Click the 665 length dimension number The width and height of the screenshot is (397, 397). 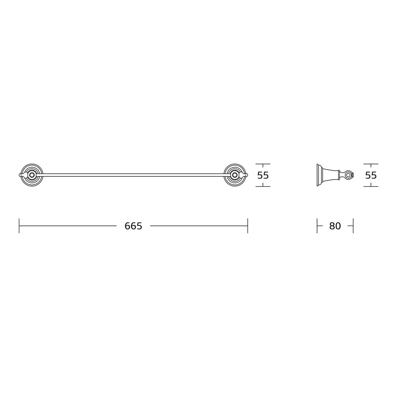pos(133,226)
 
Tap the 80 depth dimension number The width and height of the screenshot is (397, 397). pos(335,226)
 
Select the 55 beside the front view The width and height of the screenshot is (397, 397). pos(263,175)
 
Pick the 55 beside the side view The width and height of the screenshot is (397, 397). pos(371,175)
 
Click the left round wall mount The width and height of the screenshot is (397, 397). pos(32,175)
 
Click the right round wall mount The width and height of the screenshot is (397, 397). pos(235,175)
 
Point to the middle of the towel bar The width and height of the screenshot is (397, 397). pos(133,175)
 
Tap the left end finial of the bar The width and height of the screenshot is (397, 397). pos(21,175)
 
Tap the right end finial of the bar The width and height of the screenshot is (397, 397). pos(245,175)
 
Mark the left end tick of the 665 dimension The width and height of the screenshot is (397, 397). pos(19,226)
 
